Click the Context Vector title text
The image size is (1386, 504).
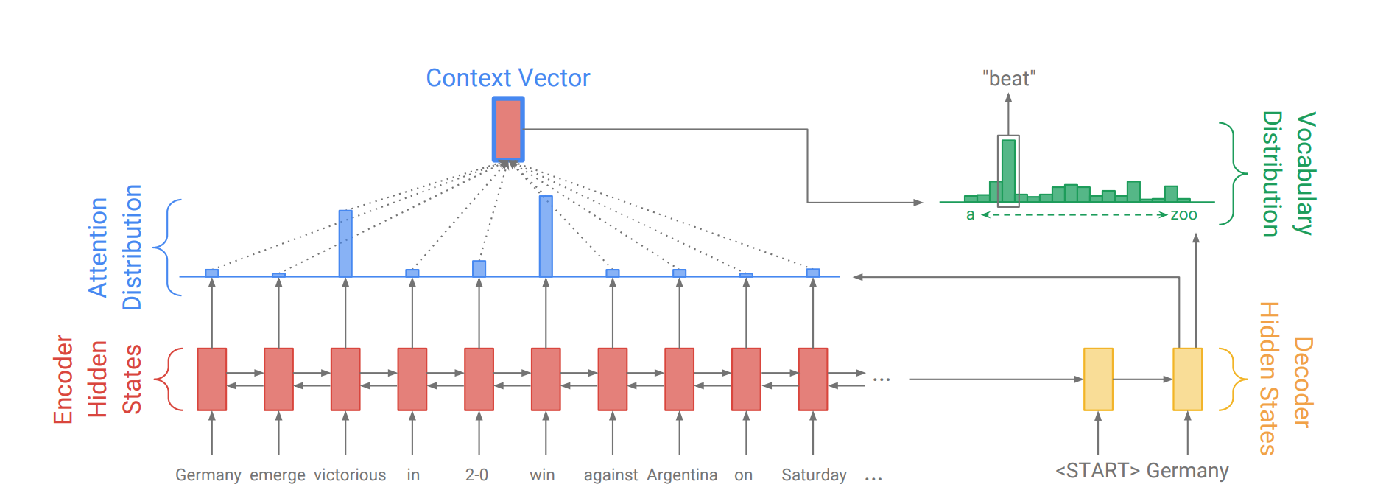click(x=508, y=78)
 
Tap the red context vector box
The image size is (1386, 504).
click(x=508, y=129)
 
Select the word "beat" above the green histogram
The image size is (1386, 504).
click(x=1009, y=79)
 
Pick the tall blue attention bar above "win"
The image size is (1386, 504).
click(x=546, y=236)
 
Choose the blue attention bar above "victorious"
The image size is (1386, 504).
click(x=345, y=243)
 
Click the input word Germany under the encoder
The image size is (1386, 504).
click(x=208, y=475)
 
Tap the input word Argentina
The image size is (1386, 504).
click(x=682, y=475)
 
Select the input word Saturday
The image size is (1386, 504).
click(x=814, y=475)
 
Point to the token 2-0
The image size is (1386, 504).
click(x=476, y=475)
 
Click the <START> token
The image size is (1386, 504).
click(x=1097, y=471)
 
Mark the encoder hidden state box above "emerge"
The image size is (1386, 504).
click(x=278, y=379)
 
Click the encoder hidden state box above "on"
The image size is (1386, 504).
click(x=746, y=379)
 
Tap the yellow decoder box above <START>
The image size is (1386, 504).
click(x=1098, y=379)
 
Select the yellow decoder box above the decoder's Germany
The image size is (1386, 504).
click(x=1187, y=379)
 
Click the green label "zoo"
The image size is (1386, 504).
click(x=1183, y=215)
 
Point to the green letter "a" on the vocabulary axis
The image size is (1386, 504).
click(x=971, y=215)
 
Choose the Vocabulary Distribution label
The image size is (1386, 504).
click(x=1289, y=174)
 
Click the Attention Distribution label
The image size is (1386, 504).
click(x=114, y=248)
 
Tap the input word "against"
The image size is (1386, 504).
click(x=611, y=475)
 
